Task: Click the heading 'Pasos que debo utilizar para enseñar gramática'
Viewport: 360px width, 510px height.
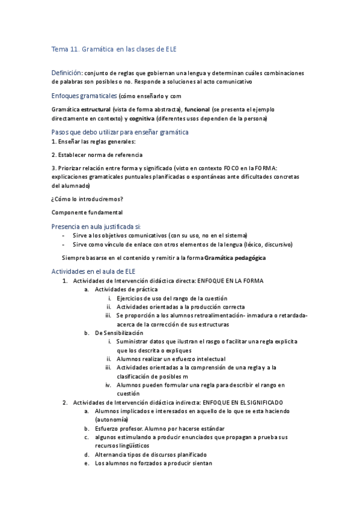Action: click(x=120, y=132)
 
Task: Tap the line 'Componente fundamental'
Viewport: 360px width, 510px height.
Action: click(x=87, y=212)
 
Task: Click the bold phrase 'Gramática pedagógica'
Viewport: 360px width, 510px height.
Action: click(x=234, y=258)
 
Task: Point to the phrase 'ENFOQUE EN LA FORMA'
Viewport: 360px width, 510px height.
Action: click(x=229, y=281)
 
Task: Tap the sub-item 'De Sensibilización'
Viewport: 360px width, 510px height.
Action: click(x=119, y=333)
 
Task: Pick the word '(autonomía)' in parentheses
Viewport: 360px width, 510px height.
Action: click(x=111, y=419)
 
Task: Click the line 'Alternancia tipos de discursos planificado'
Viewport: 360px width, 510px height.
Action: click(x=150, y=454)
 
